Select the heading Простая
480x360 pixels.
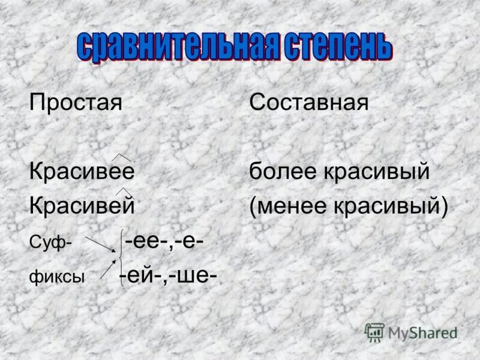(x=76, y=102)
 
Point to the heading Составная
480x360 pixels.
(x=309, y=102)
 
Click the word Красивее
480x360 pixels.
(x=82, y=172)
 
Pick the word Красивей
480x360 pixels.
(x=82, y=206)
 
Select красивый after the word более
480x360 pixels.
(x=377, y=172)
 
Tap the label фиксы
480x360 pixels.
(x=57, y=277)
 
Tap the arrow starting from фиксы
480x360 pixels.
(x=108, y=269)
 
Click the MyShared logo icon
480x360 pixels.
(x=375, y=332)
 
